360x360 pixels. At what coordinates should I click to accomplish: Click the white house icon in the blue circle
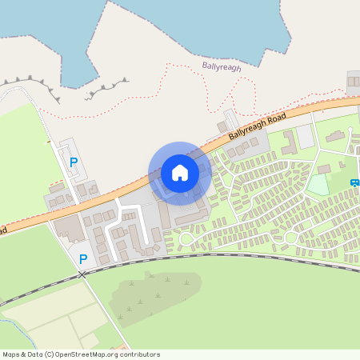click(180, 172)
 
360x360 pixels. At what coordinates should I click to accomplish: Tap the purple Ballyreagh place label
click(222, 67)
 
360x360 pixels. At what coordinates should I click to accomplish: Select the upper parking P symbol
click(74, 162)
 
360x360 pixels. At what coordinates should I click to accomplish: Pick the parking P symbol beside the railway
click(82, 258)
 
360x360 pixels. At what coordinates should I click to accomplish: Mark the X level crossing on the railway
click(82, 274)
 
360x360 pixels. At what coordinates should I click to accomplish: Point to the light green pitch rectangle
click(318, 185)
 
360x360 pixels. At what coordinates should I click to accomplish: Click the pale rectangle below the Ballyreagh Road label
click(305, 137)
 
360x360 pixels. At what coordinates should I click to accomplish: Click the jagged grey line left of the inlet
click(32, 83)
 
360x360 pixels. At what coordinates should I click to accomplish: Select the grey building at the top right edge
click(354, 80)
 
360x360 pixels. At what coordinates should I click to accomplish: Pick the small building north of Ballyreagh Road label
click(224, 126)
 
